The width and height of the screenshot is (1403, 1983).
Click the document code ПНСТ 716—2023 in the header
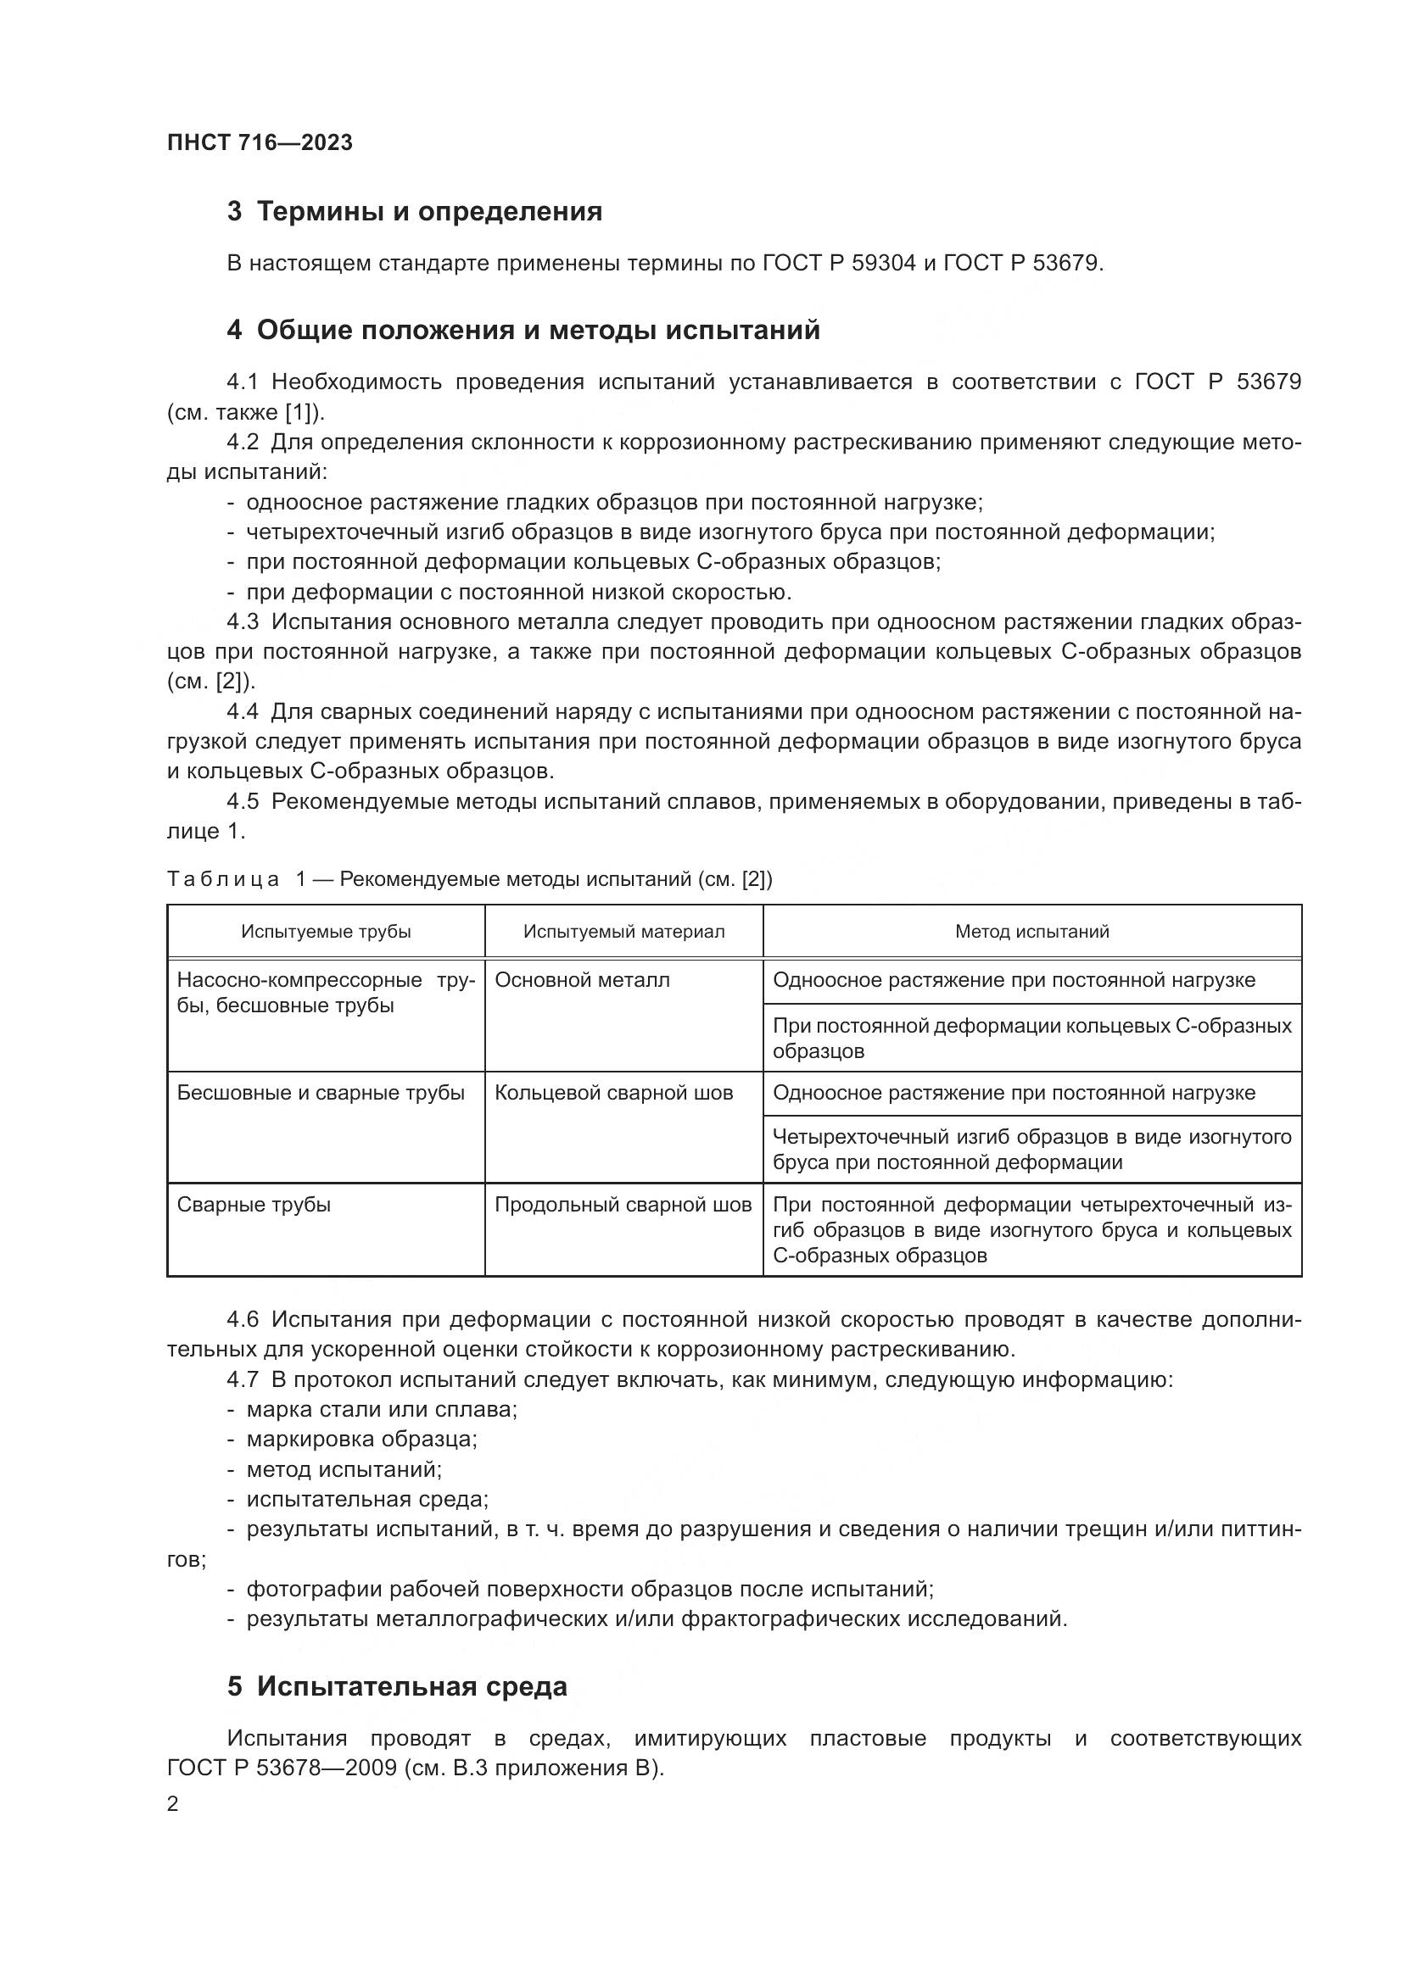click(x=260, y=142)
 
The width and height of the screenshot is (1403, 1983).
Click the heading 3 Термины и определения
click(x=415, y=212)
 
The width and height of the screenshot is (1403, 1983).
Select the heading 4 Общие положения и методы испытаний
click(x=523, y=330)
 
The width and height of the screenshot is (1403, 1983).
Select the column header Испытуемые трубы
click(x=326, y=932)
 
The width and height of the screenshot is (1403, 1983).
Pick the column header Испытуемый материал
click(x=623, y=932)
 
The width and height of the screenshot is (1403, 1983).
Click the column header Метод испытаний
click(x=1031, y=932)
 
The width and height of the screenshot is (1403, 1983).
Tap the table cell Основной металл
click(x=582, y=980)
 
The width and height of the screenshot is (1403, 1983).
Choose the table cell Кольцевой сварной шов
click(x=613, y=1094)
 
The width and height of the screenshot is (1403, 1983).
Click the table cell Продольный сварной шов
click(x=623, y=1205)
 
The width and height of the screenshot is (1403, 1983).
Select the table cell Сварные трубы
click(x=254, y=1205)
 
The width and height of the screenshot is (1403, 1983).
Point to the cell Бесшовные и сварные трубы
click(x=321, y=1094)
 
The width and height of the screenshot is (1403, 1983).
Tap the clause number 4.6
click(x=243, y=1320)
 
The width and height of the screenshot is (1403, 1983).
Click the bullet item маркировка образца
click(x=361, y=1440)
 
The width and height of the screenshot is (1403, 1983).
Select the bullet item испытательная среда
click(x=367, y=1500)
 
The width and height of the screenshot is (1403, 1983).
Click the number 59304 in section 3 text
click(x=883, y=264)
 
